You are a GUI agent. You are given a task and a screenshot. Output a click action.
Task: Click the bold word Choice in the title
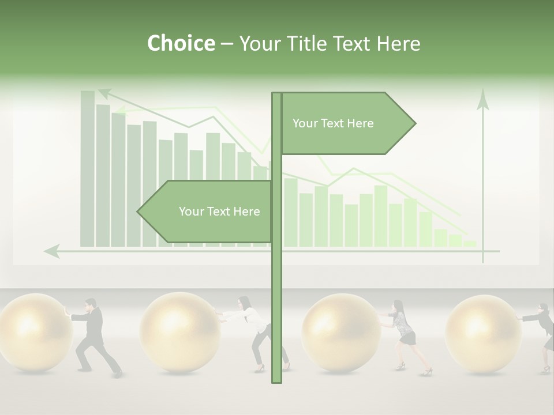[x=181, y=43]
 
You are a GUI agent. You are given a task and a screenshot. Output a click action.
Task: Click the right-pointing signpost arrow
[x=346, y=123]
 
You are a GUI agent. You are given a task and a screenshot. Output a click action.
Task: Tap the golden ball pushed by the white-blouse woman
[x=179, y=332]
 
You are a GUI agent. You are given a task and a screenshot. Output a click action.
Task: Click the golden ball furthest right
[x=484, y=333]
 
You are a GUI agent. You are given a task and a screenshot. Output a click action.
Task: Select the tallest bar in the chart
[x=88, y=167]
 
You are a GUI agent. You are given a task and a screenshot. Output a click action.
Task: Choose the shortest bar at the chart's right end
[x=470, y=244]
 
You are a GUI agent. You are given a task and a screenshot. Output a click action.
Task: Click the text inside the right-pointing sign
[x=333, y=123]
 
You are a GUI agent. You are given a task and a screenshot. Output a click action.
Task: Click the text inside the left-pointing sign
[x=219, y=212]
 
